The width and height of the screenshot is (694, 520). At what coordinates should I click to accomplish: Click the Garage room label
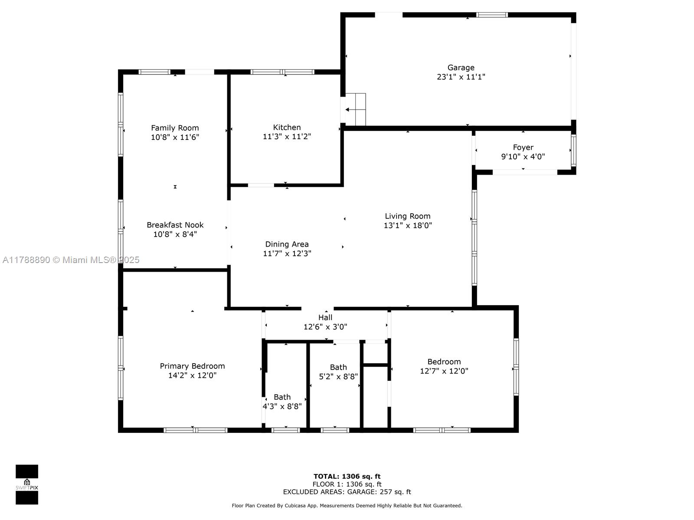(x=461, y=67)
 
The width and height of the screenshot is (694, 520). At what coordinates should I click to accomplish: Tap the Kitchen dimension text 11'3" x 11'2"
(x=287, y=136)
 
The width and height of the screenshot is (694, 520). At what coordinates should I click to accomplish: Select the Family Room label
(x=175, y=128)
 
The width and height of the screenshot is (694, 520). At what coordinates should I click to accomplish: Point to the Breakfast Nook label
(x=175, y=225)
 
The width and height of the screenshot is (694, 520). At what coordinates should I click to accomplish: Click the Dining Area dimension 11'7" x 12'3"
(x=287, y=253)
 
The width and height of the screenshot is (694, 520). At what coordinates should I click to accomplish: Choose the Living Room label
(x=408, y=216)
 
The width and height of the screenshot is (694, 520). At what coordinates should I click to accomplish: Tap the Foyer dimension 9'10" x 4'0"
(x=523, y=156)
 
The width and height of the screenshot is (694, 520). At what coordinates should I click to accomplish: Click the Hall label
(x=325, y=317)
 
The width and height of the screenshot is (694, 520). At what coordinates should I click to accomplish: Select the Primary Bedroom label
(x=192, y=366)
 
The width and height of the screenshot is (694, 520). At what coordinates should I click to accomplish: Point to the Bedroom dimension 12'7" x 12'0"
(x=444, y=371)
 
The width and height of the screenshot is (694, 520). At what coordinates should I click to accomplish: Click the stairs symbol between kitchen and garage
(x=355, y=109)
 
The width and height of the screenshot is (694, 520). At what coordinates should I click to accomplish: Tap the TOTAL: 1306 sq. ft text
(x=347, y=476)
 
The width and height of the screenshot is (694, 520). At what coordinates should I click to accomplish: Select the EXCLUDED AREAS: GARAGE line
(x=347, y=491)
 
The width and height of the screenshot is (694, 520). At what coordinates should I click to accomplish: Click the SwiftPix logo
(x=27, y=484)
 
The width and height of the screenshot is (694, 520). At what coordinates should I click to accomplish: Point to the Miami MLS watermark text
(x=71, y=260)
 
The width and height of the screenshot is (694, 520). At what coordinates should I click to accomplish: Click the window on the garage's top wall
(x=491, y=15)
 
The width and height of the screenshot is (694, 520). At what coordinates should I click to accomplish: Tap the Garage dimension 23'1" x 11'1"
(x=461, y=77)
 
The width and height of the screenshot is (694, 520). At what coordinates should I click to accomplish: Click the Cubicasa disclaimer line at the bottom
(x=347, y=505)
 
